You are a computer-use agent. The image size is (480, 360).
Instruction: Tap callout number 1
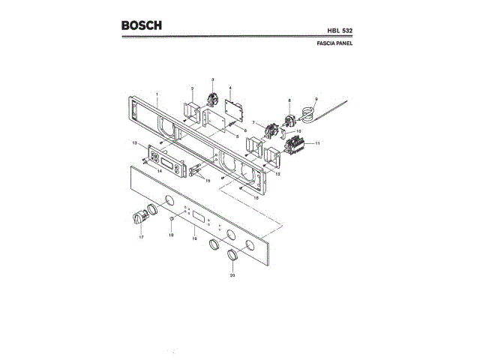point(157,94)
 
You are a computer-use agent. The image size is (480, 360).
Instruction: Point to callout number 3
point(211,79)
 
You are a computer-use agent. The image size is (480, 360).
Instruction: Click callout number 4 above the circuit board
point(230,88)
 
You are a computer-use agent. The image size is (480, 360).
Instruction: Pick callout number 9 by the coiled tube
point(316,99)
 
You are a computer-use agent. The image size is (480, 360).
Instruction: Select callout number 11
point(317,142)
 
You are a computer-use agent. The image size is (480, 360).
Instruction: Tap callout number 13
point(134,142)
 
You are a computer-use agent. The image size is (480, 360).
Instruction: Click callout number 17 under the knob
point(140,237)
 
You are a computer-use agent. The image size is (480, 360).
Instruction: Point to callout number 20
point(232,275)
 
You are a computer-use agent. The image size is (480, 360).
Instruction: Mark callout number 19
point(194,238)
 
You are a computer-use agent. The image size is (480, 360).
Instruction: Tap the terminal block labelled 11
point(297,142)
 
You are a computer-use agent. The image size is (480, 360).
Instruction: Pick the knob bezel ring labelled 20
point(232,256)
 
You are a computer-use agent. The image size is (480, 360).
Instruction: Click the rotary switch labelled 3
point(211,97)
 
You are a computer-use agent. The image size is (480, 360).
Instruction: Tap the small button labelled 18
point(172,220)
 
